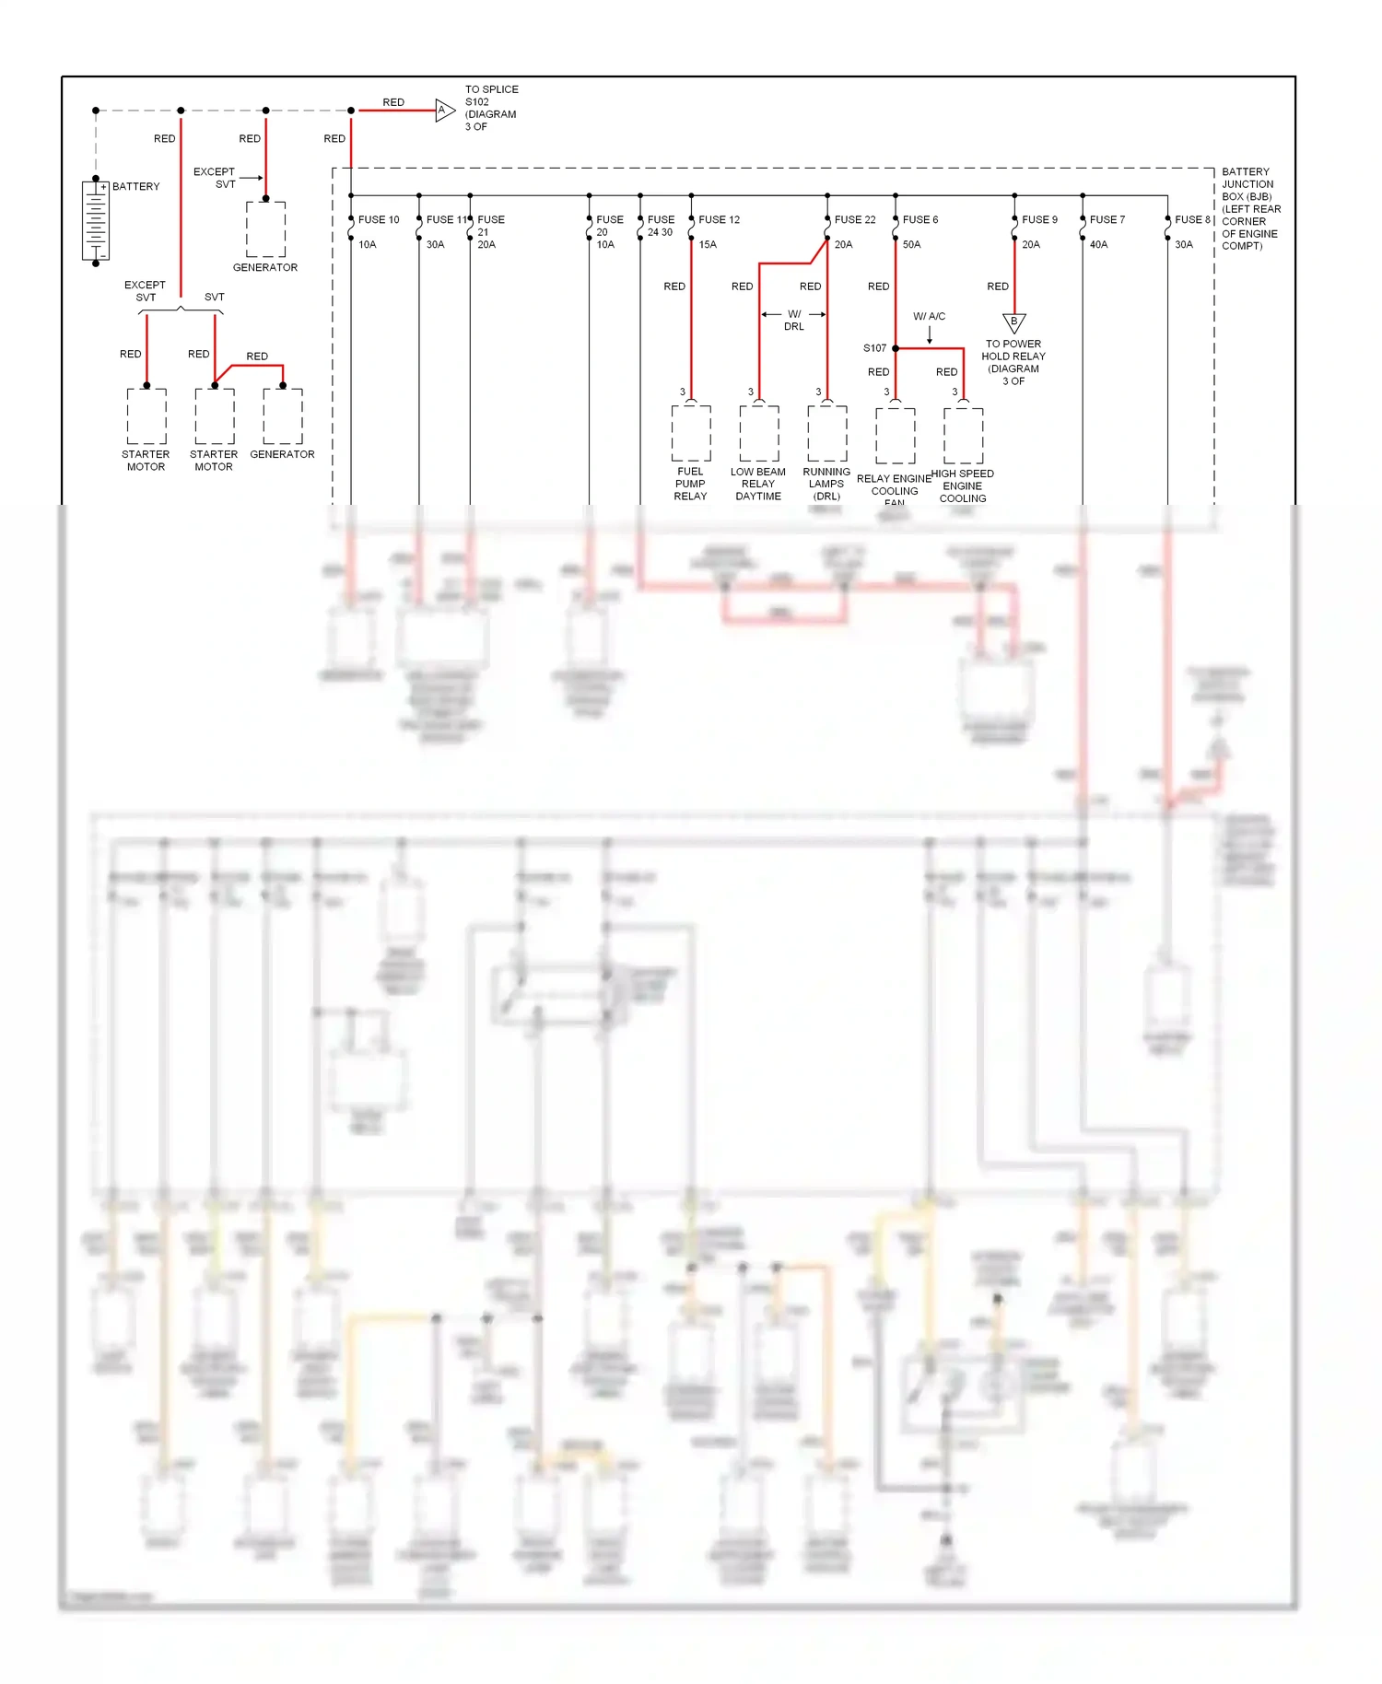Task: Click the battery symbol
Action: click(96, 221)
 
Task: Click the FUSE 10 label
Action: click(379, 220)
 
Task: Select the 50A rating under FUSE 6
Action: click(911, 245)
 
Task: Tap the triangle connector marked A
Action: click(444, 111)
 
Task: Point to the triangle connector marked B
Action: click(1013, 322)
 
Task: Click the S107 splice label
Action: click(874, 348)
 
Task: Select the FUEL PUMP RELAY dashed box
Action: click(691, 433)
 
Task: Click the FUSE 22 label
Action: click(855, 220)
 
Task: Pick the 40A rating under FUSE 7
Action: click(1098, 245)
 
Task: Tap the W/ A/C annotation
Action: click(929, 317)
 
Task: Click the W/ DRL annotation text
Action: click(793, 321)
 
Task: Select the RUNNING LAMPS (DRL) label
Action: click(826, 484)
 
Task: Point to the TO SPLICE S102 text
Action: click(491, 108)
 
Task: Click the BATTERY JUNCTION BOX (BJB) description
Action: click(1250, 209)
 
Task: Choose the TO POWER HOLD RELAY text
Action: click(1013, 362)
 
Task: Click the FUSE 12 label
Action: click(719, 220)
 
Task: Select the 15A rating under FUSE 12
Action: click(708, 245)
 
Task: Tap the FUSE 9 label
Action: click(1039, 220)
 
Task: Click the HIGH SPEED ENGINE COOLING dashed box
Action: click(963, 435)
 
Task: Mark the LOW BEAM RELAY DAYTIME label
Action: click(758, 484)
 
